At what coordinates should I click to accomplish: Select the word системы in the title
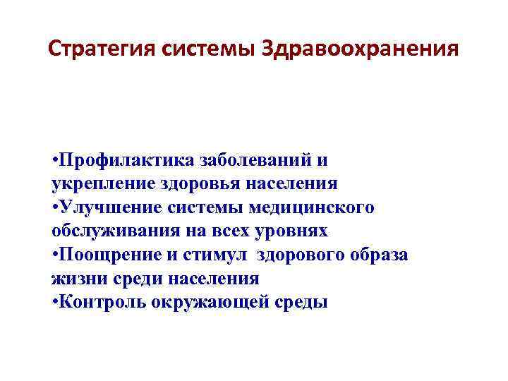click(x=210, y=49)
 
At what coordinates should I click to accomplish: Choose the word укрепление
click(x=98, y=183)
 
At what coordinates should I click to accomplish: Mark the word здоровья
click(x=195, y=183)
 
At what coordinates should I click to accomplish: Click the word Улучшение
click(x=109, y=207)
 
